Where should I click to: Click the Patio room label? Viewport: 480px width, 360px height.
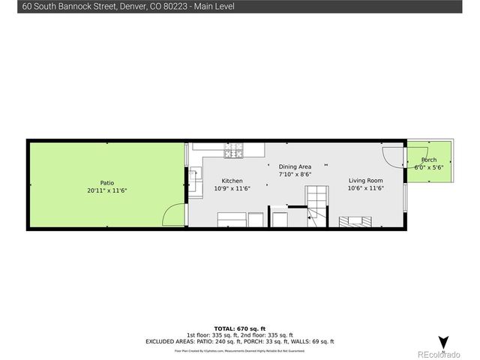[x=108, y=182]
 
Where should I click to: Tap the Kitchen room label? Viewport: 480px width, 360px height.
[x=232, y=181]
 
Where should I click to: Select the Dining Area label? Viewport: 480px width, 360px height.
[x=295, y=166]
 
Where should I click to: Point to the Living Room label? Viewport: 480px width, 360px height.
[x=365, y=181]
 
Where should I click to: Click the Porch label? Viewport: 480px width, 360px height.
[x=429, y=160]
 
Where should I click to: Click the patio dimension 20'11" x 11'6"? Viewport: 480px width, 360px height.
[x=108, y=190]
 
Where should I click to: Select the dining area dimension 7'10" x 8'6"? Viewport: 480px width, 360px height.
[x=295, y=174]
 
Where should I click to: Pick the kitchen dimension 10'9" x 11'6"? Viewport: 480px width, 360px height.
[x=232, y=188]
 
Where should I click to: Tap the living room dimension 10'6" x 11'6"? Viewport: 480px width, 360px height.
[x=365, y=188]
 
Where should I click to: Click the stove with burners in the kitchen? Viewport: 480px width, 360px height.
[x=232, y=151]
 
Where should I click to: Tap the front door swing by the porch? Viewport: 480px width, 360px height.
[x=392, y=155]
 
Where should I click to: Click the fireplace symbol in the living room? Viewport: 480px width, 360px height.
[x=354, y=221]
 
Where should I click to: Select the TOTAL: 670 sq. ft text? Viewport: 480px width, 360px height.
[x=239, y=328]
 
